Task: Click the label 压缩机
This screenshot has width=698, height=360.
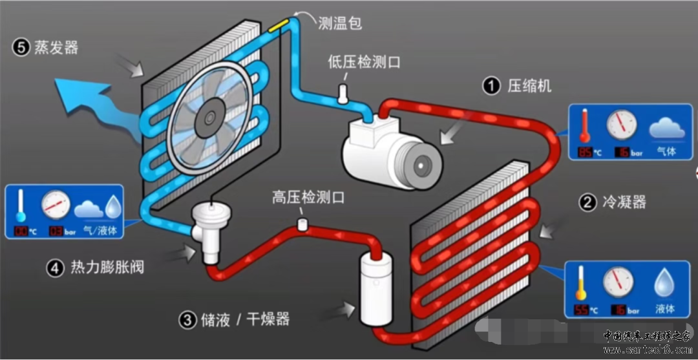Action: coord(529,86)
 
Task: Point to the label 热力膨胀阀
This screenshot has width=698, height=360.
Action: coord(107,268)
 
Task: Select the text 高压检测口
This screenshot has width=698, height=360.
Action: coord(308,198)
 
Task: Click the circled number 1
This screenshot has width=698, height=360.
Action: coord(492,86)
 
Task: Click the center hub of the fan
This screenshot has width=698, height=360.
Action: coord(209,117)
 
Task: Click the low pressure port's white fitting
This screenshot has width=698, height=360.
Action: coord(343,94)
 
